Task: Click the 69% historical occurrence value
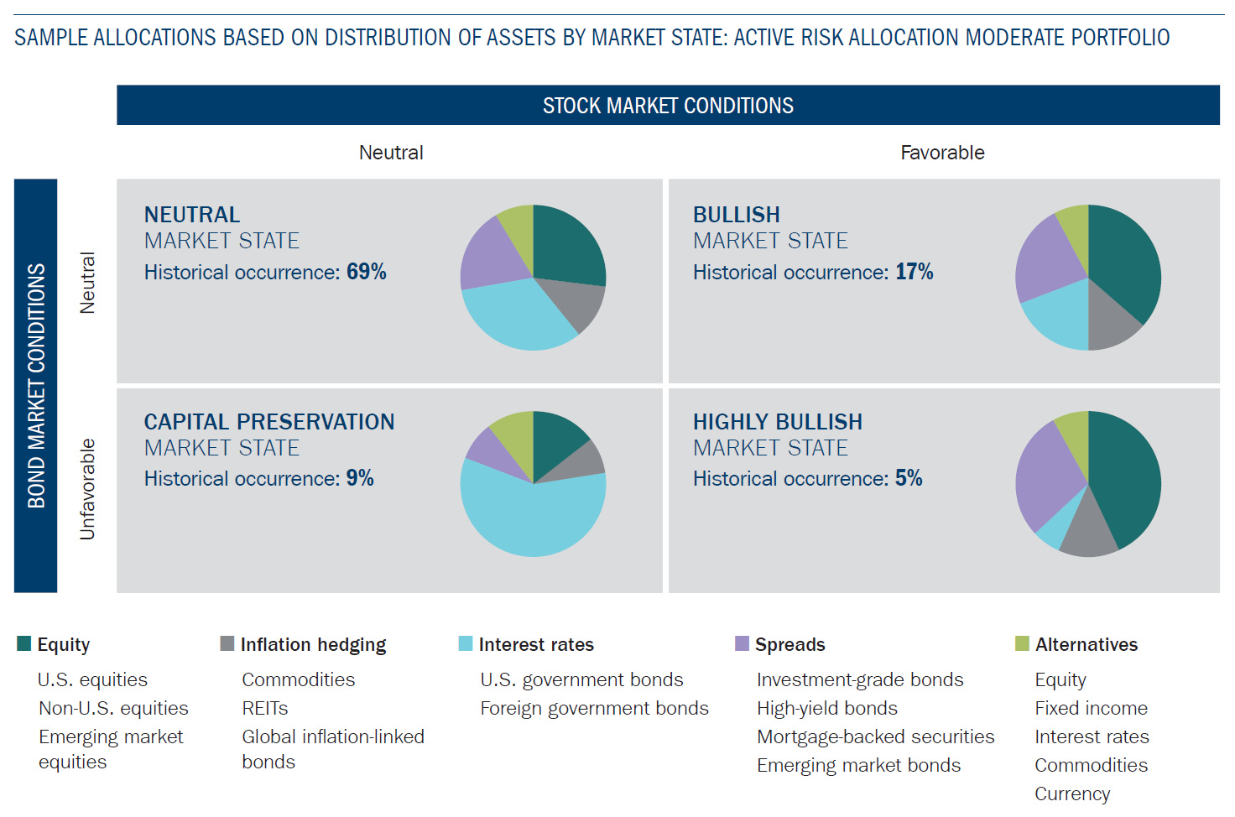366,272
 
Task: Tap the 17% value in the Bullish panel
914,272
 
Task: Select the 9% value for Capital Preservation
360,478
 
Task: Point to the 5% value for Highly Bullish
909,478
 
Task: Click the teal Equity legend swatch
24,643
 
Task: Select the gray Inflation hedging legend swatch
227,643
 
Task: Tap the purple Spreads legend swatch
742,643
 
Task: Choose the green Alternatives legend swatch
1022,643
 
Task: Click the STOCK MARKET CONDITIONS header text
668,106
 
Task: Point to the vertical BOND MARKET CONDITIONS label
36,386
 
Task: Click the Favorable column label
942,153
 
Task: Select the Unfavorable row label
87,489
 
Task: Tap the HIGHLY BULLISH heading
778,422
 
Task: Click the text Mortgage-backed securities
875,736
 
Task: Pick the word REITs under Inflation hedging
265,709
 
